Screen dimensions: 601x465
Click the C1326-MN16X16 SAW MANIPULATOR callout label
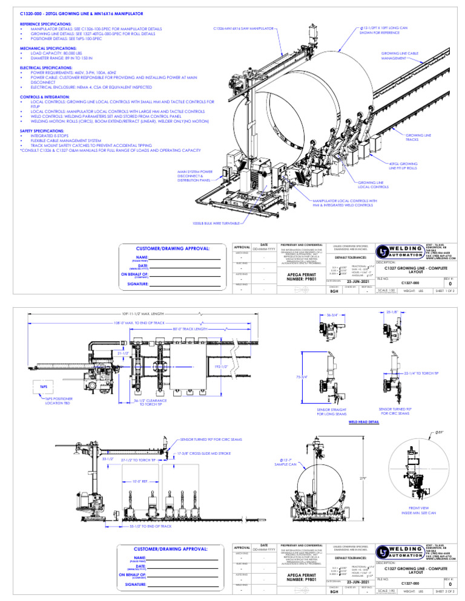(x=243, y=28)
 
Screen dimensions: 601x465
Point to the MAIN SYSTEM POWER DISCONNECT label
(x=195, y=175)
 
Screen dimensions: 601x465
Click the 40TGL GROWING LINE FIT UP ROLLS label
(x=403, y=165)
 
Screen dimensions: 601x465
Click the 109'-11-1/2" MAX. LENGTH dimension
(x=143, y=314)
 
